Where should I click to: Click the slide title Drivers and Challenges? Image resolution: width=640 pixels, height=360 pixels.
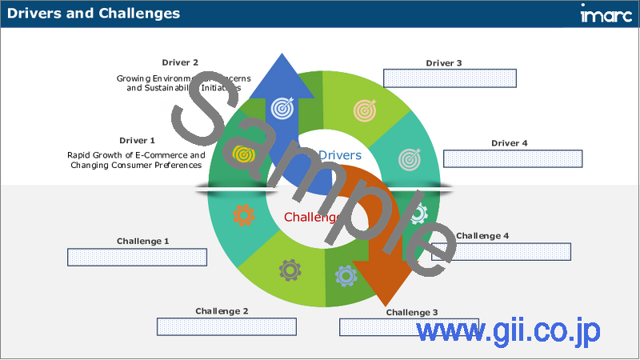click(94, 14)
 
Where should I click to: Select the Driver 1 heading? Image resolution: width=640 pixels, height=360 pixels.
click(137, 141)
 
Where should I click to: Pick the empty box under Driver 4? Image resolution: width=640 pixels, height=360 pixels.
click(512, 158)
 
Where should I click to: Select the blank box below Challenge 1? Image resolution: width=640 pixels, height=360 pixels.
click(137, 257)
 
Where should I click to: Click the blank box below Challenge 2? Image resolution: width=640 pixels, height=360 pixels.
click(226, 326)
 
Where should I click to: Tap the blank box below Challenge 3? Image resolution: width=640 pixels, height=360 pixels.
click(409, 326)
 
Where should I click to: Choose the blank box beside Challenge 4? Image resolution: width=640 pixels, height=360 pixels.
click(501, 251)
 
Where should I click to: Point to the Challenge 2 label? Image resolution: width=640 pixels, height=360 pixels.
click(222, 311)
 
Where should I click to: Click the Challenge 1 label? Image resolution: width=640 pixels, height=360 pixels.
click(143, 241)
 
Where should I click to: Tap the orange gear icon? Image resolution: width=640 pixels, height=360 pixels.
click(242, 214)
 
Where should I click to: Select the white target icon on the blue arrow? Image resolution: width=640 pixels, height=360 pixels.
click(282, 106)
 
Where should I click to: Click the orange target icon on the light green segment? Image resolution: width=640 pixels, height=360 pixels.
click(366, 108)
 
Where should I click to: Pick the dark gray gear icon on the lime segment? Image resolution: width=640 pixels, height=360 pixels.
click(289, 270)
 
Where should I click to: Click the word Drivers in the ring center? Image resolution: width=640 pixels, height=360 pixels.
click(340, 155)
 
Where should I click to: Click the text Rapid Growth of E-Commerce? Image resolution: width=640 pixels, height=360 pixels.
click(136, 154)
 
